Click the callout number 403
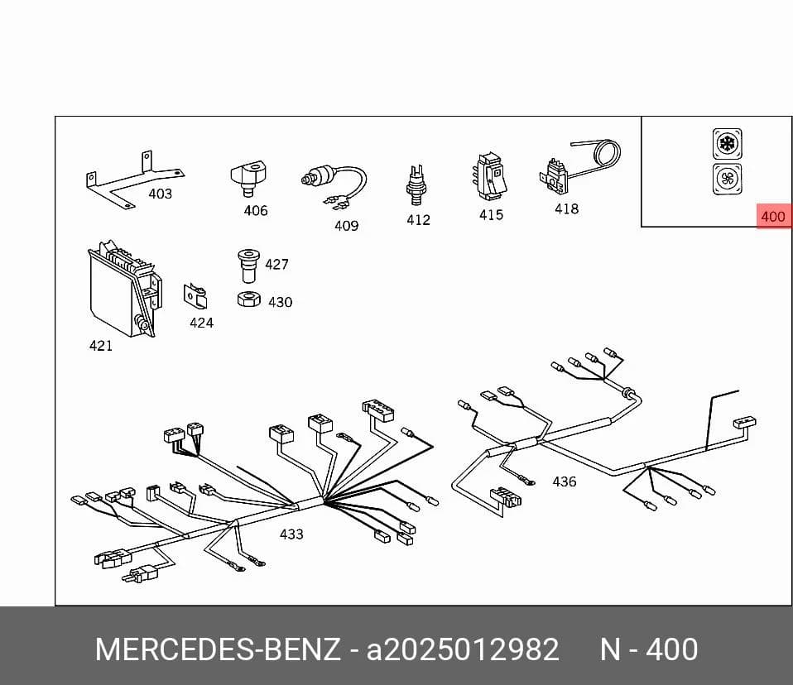point(160,194)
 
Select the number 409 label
point(347,226)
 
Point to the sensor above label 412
point(416,185)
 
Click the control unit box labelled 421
point(124,288)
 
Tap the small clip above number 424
point(195,295)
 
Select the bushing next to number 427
point(248,266)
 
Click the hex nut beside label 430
point(249,299)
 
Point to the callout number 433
point(291,534)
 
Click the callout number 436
point(564,481)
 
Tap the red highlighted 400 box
point(773,217)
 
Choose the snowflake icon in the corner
point(728,144)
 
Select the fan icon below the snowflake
point(728,179)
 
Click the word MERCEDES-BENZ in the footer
point(218,649)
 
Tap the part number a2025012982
point(463,649)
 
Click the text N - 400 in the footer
point(649,649)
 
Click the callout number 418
point(566,208)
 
